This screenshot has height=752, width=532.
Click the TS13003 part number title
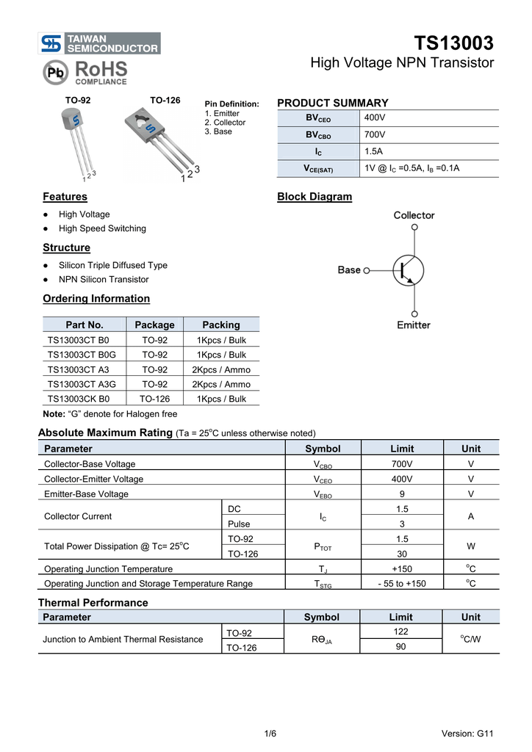coord(453,43)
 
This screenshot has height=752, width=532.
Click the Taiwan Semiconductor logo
coord(101,43)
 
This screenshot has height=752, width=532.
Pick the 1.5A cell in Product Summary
coord(375,151)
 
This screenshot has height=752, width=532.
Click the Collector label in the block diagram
coord(414,215)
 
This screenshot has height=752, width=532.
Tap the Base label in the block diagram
coord(349,270)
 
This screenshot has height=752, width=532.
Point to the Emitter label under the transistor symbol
coord(414,325)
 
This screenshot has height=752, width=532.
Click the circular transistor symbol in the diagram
coord(409,270)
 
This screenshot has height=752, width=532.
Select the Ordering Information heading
coord(96,299)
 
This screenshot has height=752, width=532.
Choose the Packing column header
coord(221,325)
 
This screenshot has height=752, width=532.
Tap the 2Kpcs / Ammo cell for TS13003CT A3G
coord(221,384)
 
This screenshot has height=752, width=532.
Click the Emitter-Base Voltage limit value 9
coord(402,494)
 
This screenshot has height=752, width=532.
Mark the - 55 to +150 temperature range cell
coord(402,584)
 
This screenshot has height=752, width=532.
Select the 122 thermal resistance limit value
coord(401,632)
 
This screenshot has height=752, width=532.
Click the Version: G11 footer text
coord(467,734)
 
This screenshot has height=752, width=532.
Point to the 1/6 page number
coord(270,734)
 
